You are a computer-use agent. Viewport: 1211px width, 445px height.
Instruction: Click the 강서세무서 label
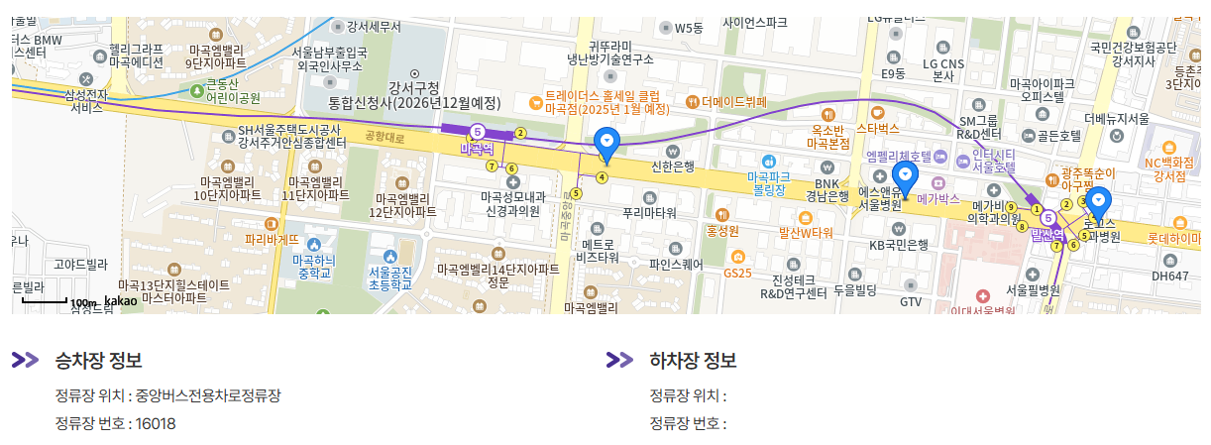point(373,27)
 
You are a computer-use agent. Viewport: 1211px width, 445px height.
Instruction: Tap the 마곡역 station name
point(477,148)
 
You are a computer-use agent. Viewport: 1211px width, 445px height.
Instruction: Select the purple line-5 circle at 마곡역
point(477,130)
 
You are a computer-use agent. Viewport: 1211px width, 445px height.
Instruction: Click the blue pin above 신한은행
point(606,144)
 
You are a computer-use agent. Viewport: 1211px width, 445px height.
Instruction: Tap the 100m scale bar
point(46,300)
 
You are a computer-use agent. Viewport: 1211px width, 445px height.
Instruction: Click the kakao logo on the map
point(121,300)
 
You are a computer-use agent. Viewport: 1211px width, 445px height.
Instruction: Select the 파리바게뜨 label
point(272,239)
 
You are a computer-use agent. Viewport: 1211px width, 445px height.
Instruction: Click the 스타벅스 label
point(877,129)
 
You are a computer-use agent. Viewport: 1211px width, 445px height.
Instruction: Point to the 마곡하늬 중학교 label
point(314,267)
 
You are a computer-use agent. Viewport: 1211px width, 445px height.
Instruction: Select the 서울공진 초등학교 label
point(389,277)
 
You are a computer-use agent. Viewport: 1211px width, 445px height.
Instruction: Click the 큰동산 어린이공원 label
point(233,91)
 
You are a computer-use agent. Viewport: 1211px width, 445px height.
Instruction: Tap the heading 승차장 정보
point(99,360)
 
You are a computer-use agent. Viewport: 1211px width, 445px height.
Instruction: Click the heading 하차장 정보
point(693,360)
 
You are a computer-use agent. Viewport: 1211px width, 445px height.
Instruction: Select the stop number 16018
point(156,424)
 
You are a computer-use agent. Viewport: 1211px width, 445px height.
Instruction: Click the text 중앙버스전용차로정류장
point(208,395)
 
